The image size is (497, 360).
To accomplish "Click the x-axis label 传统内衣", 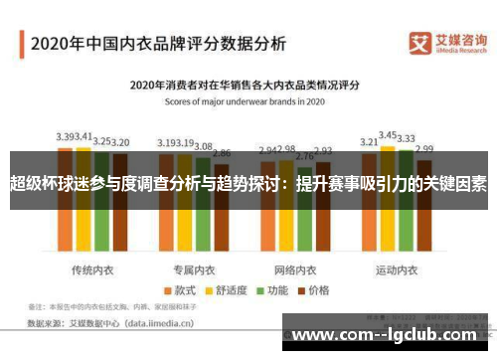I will pos(93,243).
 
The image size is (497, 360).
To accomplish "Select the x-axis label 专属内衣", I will pos(195,243).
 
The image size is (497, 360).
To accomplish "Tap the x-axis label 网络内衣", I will pos(295,243).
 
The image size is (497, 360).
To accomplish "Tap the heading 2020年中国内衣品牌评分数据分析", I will pos(158,45).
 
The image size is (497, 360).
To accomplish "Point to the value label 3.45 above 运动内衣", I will pos(389,134).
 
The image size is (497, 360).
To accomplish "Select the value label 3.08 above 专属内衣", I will pos(203,146).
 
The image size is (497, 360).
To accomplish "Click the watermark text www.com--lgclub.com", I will pos(388,334).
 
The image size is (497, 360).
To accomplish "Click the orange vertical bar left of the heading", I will pos(21,45).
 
